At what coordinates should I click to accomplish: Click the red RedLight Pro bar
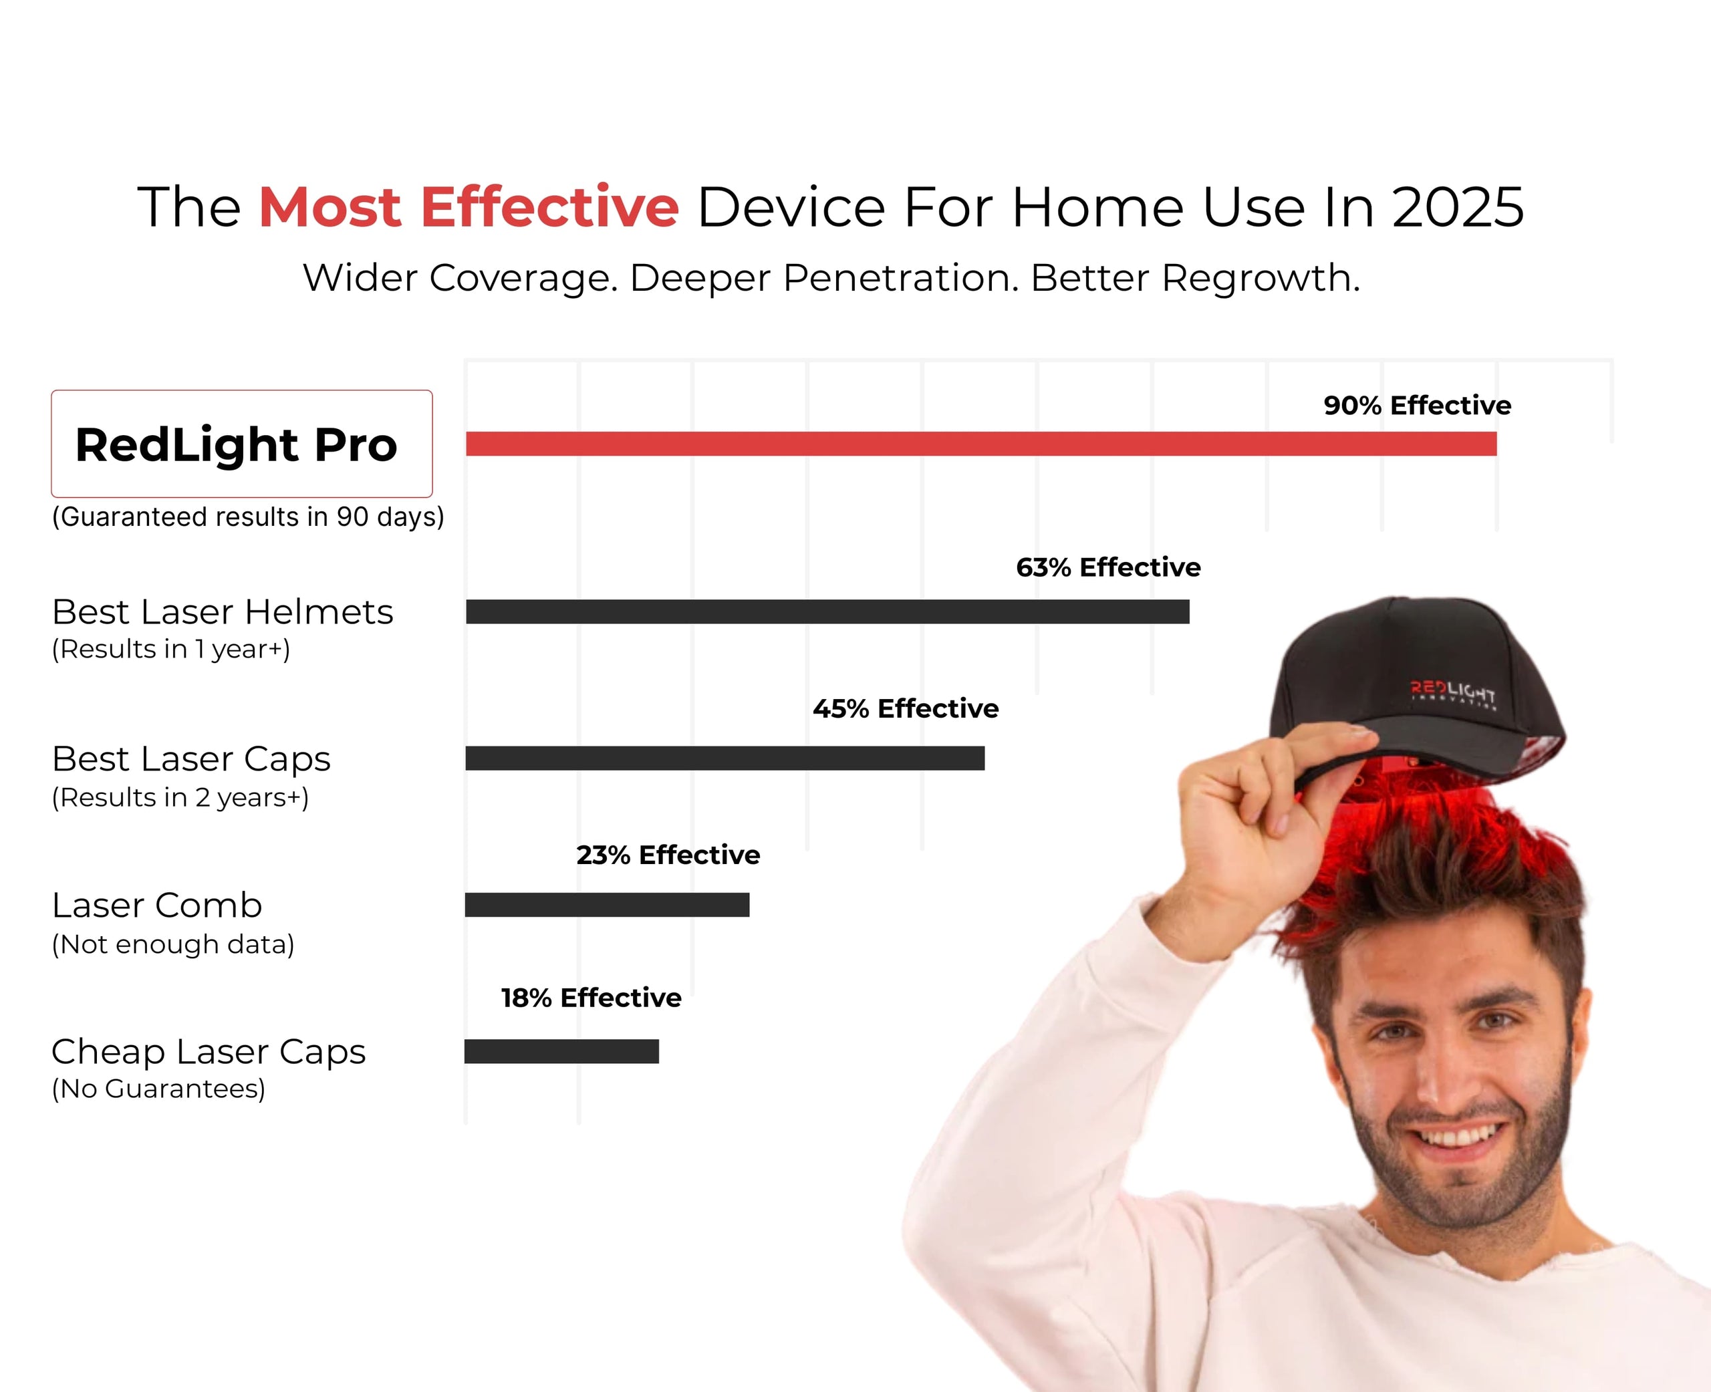(980, 444)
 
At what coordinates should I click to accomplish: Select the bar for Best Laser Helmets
(827, 612)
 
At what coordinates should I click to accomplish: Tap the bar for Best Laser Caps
(724, 758)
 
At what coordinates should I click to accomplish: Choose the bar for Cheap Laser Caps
(561, 1051)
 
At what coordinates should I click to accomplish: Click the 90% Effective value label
(1417, 406)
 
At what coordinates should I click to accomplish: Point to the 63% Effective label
(1108, 568)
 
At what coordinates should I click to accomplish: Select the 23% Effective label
(668, 855)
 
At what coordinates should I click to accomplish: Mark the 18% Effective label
(591, 998)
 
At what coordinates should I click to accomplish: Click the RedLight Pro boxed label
(241, 444)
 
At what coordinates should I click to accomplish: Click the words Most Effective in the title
(469, 208)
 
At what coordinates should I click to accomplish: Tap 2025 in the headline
(1457, 208)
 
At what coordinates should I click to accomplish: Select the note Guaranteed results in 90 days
(248, 517)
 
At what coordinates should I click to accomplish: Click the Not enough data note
(173, 944)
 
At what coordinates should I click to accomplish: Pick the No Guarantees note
(158, 1089)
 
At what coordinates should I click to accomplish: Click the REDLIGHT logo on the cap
(1453, 693)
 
